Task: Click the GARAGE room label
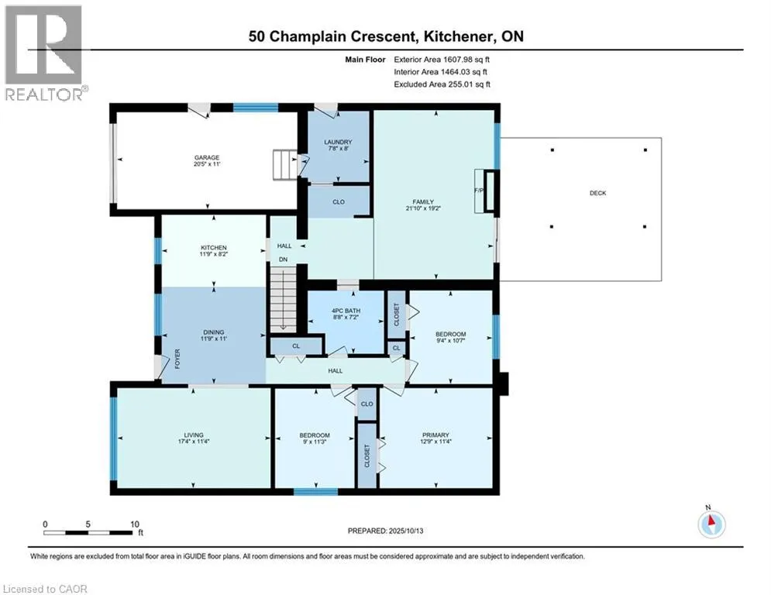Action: [207, 158]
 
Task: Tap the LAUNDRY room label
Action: [339, 142]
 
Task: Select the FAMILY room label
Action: [423, 201]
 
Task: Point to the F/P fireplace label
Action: [478, 191]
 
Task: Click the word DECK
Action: [598, 193]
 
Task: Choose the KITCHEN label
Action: [213, 248]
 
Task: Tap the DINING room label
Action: [213, 332]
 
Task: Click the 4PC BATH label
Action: [346, 311]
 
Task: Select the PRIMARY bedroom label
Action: [435, 435]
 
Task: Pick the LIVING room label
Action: [194, 435]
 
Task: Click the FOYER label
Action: [177, 359]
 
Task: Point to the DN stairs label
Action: [284, 260]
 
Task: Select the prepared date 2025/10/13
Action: [406, 531]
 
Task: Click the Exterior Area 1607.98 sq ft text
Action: [442, 60]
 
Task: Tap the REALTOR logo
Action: [45, 53]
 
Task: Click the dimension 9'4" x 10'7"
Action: [450, 340]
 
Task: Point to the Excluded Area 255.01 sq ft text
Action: [442, 84]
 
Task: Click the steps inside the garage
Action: [285, 165]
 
